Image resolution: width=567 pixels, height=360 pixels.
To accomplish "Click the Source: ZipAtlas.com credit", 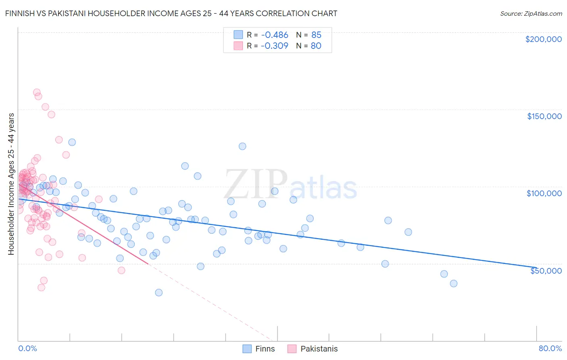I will coord(531,13).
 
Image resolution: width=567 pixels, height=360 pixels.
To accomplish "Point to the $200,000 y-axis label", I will coord(543,39).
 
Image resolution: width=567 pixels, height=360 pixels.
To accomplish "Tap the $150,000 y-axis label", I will coord(544,116).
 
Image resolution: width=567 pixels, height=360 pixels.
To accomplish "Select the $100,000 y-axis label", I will coord(544,193).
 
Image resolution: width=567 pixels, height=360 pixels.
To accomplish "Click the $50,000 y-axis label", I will coord(546,270).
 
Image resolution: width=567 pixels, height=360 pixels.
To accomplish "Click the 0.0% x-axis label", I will coord(27,348).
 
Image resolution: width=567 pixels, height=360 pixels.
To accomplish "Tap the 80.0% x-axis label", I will coord(550,348).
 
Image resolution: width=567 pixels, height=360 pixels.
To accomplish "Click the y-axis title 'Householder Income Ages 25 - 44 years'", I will coord(11,184).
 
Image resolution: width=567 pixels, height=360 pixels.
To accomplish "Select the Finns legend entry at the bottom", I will coord(258,349).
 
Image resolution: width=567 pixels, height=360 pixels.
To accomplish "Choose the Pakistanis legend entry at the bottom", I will coord(313,349).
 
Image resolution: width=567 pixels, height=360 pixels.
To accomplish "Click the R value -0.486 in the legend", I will coord(274,35).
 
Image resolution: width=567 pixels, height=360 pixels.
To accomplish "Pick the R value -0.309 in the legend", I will coord(274,46).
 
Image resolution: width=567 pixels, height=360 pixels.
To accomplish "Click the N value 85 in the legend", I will coord(316,35).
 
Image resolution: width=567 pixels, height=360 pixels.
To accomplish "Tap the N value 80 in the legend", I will coord(316,46).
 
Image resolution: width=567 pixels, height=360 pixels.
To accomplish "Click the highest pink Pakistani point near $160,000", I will coord(37,92).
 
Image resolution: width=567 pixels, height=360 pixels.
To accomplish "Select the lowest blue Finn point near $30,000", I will coord(159,293).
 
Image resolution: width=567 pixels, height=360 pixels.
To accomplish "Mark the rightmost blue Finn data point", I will coord(454,283).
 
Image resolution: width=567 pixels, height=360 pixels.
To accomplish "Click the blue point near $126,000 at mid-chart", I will coord(242,146).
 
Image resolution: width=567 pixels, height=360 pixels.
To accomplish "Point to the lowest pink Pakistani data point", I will coord(41,287).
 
